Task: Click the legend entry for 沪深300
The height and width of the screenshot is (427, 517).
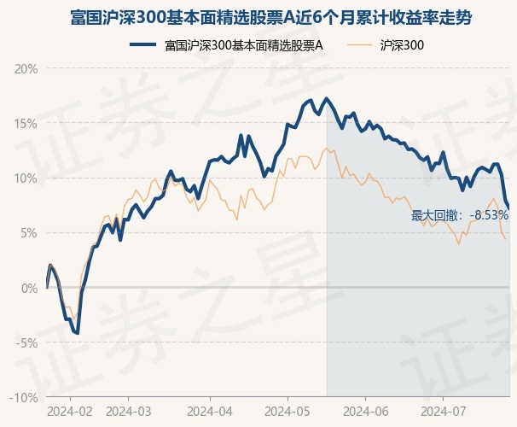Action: click(x=401, y=44)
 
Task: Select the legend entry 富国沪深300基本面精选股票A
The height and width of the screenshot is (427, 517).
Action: click(x=243, y=44)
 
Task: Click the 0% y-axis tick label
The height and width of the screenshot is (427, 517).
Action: click(x=31, y=288)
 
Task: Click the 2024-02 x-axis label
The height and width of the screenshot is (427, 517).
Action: click(x=69, y=411)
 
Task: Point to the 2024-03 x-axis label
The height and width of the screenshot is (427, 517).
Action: click(x=128, y=411)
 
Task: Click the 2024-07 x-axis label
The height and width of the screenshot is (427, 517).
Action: click(x=443, y=411)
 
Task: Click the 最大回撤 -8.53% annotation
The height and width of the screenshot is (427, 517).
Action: click(x=460, y=215)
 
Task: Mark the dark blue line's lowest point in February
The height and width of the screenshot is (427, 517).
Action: click(x=78, y=332)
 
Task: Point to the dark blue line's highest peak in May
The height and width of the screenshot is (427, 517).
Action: click(x=327, y=99)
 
